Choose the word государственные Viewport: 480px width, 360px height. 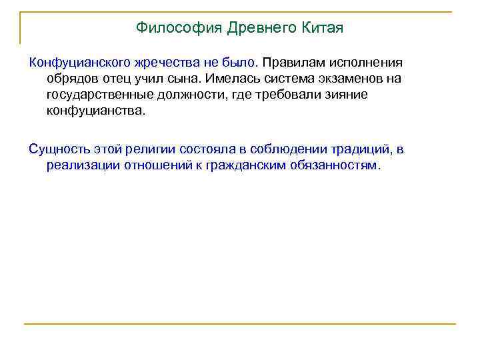(x=97, y=95)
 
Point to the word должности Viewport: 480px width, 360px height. (x=188, y=95)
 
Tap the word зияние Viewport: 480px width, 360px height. (x=345, y=95)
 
